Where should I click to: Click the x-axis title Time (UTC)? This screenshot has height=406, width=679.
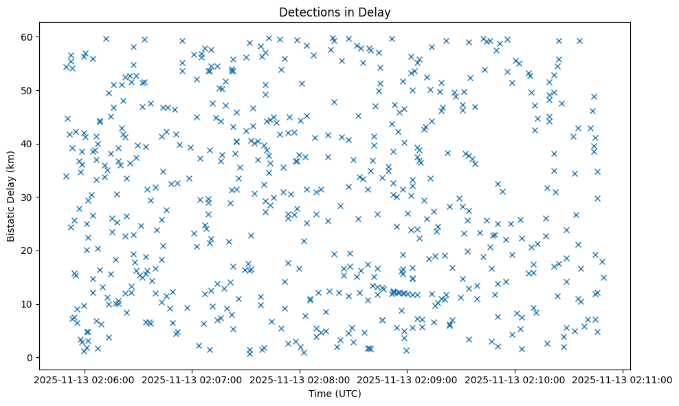click(333, 394)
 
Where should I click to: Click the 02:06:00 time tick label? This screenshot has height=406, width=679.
click(85, 379)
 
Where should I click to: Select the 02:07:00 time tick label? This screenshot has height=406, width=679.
click(192, 379)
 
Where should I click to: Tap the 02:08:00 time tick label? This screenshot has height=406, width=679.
click(300, 379)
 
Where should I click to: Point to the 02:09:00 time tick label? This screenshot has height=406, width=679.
click(408, 379)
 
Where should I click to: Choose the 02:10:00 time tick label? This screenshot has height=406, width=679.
click(515, 379)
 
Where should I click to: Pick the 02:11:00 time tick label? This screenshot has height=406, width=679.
click(623, 379)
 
